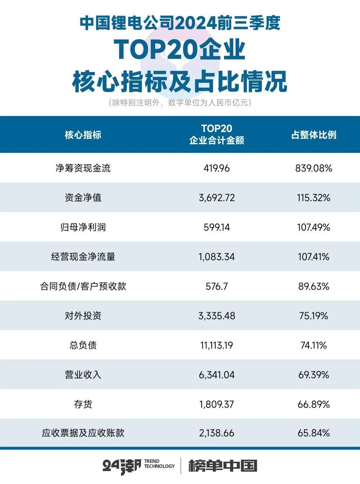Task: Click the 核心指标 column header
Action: point(83,135)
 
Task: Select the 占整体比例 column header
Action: point(314,135)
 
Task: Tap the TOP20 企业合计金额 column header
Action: point(216,135)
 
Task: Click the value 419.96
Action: point(216,168)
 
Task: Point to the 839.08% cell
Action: point(314,168)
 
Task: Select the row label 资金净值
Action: point(83,198)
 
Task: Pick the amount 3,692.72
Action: point(216,198)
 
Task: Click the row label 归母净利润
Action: point(83,227)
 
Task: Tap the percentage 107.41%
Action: point(314,257)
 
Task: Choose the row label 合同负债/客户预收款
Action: point(83,286)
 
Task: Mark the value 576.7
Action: point(216,286)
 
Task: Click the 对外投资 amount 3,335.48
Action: point(216,316)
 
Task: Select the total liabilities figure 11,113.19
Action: point(216,345)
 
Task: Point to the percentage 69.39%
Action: point(314,375)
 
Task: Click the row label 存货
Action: point(83,404)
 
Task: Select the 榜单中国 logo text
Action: point(223,466)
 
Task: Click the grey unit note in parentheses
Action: point(180,103)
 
